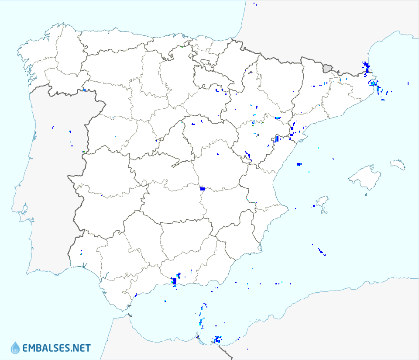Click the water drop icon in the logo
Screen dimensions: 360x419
click(x=15, y=348)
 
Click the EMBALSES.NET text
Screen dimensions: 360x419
click(x=56, y=348)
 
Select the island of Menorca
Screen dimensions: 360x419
click(x=398, y=165)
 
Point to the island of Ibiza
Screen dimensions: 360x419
click(x=322, y=202)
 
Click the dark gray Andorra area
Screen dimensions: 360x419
click(x=327, y=68)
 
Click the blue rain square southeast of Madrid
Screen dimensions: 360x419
click(x=203, y=189)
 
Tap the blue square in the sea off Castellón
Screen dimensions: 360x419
click(x=299, y=164)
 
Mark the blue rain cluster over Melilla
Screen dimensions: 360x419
click(x=217, y=339)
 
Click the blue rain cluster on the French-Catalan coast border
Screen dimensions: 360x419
click(x=367, y=67)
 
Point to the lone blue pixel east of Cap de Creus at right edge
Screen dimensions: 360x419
click(x=408, y=83)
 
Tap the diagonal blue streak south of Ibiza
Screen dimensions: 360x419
click(x=321, y=251)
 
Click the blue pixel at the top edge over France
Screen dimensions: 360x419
click(x=255, y=4)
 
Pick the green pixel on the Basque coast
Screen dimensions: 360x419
click(x=182, y=46)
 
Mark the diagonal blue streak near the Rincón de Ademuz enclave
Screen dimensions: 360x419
click(x=247, y=155)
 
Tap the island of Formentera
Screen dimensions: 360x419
click(x=323, y=212)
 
